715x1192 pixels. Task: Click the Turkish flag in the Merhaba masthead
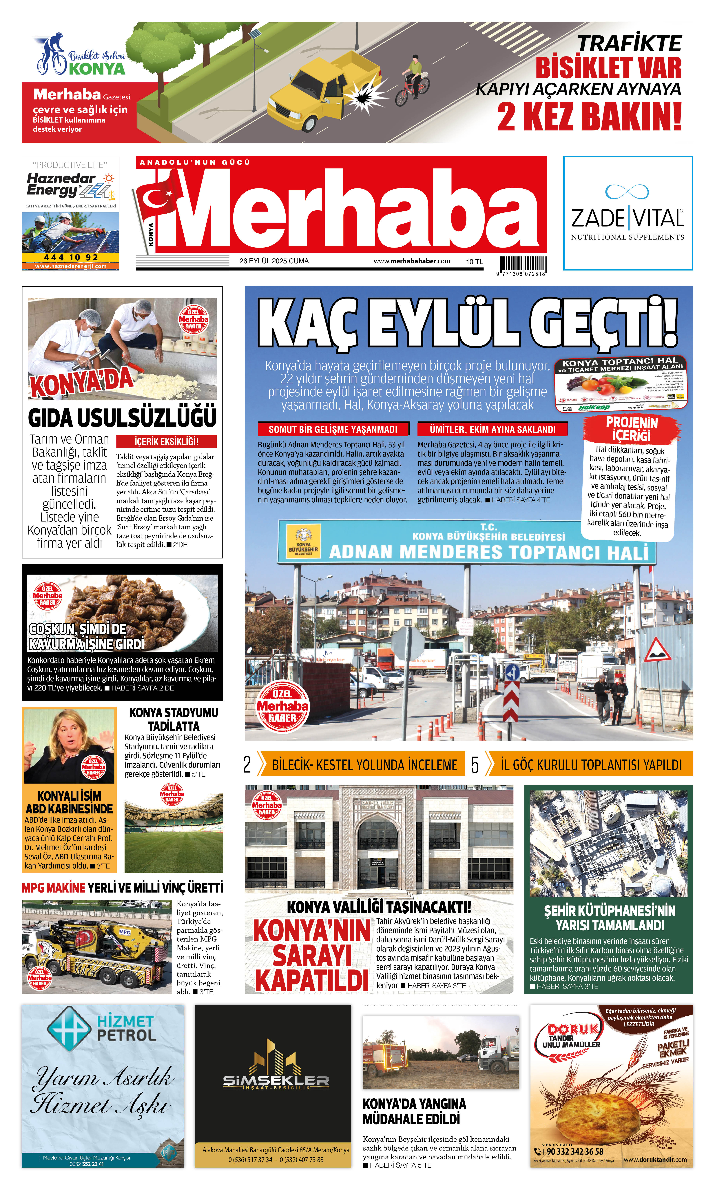pyautogui.click(x=157, y=198)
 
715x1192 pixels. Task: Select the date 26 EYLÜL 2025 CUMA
pyautogui.click(x=274, y=261)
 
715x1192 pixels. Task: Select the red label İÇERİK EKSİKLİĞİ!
pyautogui.click(x=166, y=441)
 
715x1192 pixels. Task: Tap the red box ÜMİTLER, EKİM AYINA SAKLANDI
pyautogui.click(x=492, y=429)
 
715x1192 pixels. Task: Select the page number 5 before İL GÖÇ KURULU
pyautogui.click(x=475, y=765)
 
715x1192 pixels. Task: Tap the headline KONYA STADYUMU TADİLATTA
pyautogui.click(x=174, y=719)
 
